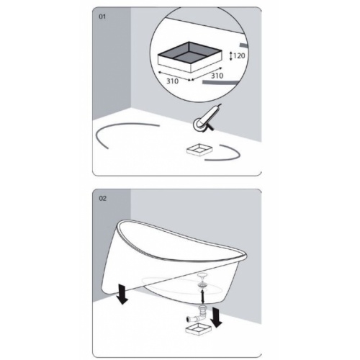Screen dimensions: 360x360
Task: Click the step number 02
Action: coord(102,197)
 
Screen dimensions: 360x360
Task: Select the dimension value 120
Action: coord(239,54)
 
